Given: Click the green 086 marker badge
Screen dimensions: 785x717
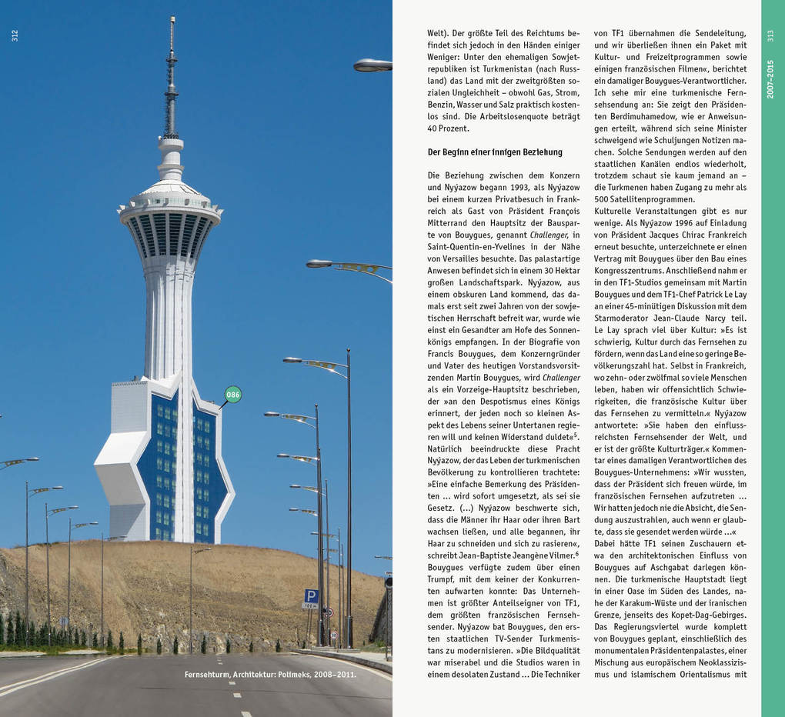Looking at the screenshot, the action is pyautogui.click(x=232, y=395).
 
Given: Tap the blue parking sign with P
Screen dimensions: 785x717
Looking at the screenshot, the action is pyautogui.click(x=311, y=595).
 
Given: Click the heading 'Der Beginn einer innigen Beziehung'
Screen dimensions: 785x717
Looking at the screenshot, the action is pyautogui.click(x=495, y=152).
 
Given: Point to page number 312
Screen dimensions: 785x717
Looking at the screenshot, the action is pyautogui.click(x=15, y=35).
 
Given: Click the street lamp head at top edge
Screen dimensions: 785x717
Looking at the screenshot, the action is pyautogui.click(x=372, y=65).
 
